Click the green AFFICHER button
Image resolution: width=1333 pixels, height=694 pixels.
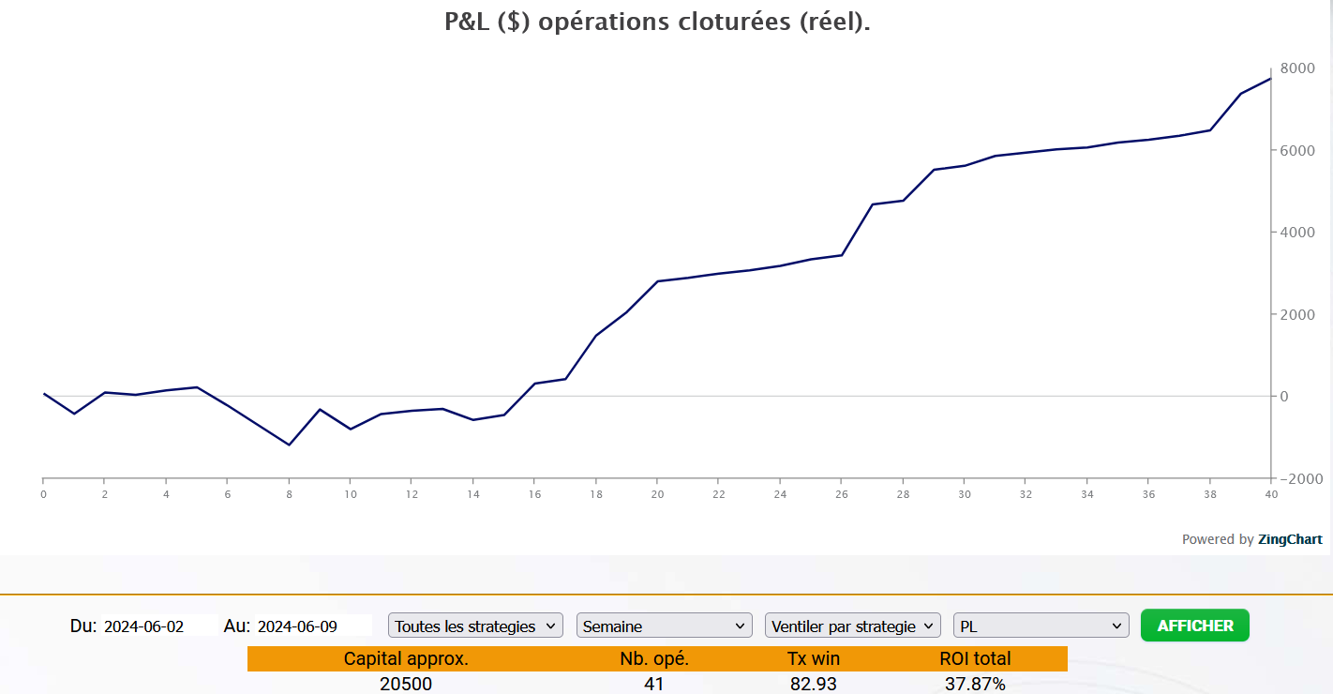[x=1194, y=626]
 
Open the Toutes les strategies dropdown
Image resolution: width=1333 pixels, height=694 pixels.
[x=475, y=626]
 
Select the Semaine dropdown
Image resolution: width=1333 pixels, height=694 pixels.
[x=664, y=626]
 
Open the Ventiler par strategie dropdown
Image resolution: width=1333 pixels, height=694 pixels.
[x=852, y=626]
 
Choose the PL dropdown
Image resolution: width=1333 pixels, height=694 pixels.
[x=1041, y=626]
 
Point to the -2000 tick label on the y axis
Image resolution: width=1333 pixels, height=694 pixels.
[x=1298, y=479]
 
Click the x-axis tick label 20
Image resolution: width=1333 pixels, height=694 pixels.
[x=657, y=494]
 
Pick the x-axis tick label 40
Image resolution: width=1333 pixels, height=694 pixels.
[x=1270, y=494]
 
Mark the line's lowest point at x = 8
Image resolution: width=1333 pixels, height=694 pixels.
[x=289, y=445]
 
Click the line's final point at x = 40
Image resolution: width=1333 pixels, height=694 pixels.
[x=1270, y=79]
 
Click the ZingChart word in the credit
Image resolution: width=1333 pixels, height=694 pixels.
[x=1290, y=539]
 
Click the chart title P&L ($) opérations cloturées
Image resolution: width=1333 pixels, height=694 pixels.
[x=657, y=23]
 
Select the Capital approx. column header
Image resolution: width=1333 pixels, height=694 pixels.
[x=406, y=658]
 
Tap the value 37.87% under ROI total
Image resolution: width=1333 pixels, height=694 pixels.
[x=975, y=684]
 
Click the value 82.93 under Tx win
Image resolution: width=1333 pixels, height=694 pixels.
[x=813, y=684]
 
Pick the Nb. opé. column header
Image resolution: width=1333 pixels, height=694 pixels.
[x=654, y=658]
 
